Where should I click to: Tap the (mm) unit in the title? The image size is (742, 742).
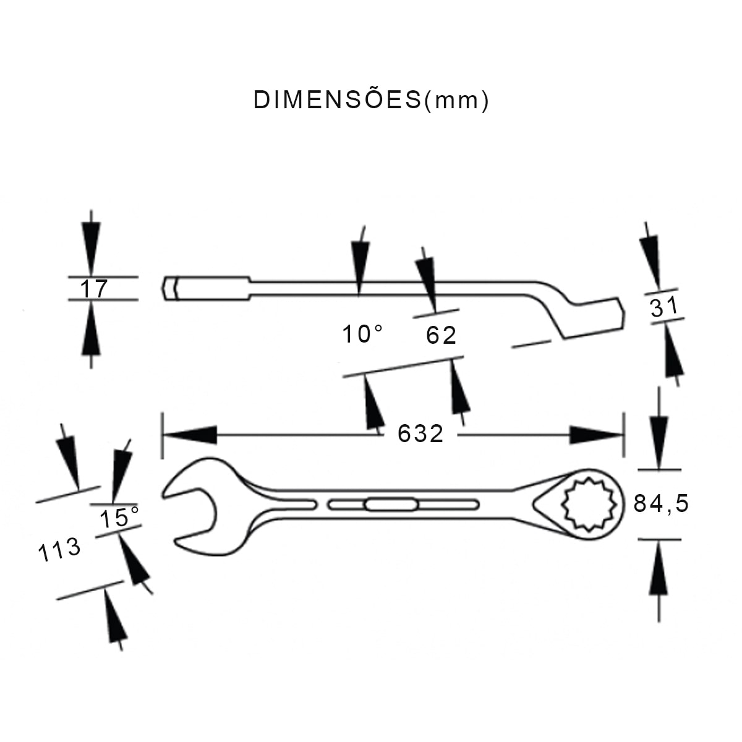click(456, 100)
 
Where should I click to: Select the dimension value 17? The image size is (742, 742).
click(93, 289)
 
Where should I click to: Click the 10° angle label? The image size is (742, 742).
click(363, 334)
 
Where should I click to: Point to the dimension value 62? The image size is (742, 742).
click(441, 335)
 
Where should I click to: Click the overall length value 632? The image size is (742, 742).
click(420, 434)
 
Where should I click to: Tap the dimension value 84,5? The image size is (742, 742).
click(661, 503)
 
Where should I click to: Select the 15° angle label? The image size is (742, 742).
click(119, 517)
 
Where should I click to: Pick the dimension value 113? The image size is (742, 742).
click(59, 550)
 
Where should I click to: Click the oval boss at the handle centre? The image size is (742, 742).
click(391, 505)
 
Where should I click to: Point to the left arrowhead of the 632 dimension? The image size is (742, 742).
click(190, 435)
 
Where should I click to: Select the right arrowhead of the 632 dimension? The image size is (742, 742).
click(597, 435)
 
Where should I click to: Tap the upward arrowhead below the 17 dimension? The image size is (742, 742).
click(91, 328)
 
